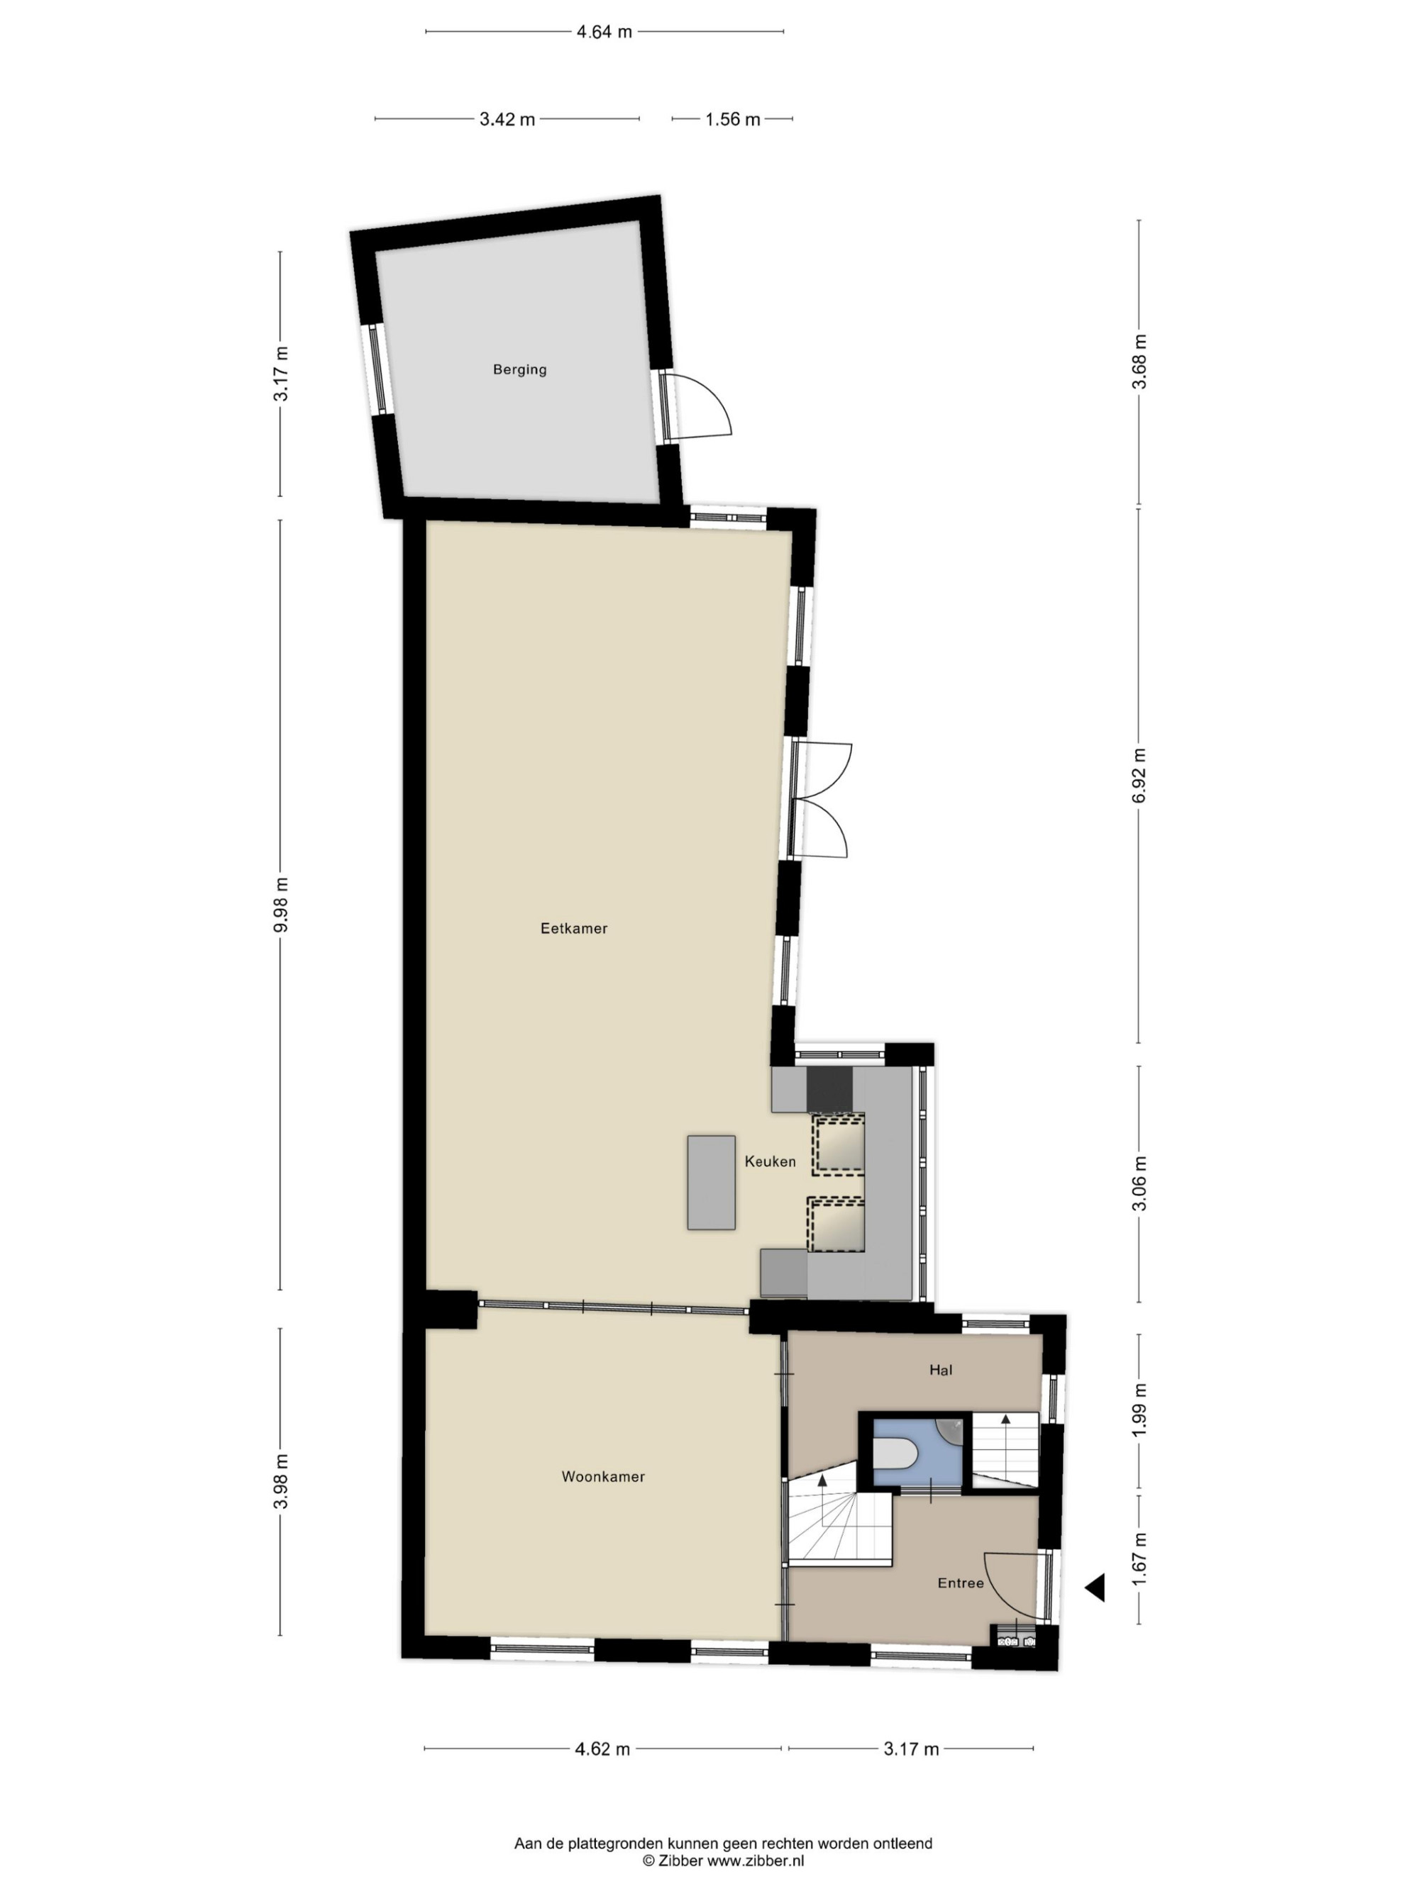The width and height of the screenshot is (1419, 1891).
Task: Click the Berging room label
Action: (519, 369)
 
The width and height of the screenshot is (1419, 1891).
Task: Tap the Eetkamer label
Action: (574, 927)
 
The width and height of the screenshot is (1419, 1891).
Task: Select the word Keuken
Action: (770, 1161)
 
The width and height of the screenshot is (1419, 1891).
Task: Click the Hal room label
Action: (941, 1370)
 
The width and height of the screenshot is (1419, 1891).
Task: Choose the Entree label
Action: (961, 1583)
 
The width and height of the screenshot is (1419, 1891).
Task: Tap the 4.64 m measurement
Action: (604, 33)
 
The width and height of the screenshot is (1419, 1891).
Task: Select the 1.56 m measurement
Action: (732, 120)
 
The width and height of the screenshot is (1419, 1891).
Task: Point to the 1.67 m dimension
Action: (1139, 1557)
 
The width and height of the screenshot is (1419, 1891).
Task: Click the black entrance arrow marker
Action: (1095, 1588)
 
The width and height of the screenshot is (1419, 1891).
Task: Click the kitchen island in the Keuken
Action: (711, 1182)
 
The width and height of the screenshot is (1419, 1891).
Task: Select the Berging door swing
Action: (697, 406)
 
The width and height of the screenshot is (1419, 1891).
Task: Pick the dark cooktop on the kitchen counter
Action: (829, 1089)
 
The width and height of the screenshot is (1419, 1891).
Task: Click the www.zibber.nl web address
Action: (755, 1861)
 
